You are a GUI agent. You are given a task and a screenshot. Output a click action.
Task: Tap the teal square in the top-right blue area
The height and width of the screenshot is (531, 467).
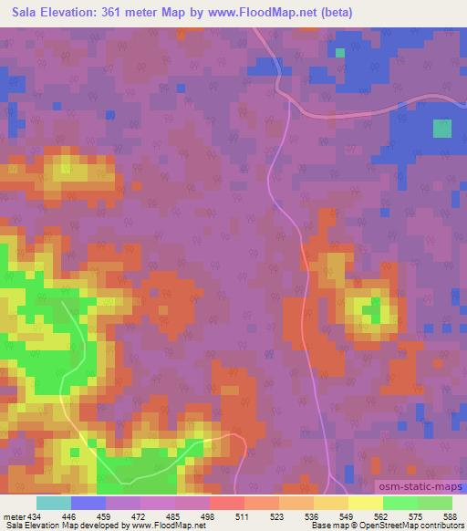tap(441, 129)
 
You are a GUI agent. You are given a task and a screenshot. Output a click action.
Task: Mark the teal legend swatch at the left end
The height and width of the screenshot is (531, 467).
tap(53, 503)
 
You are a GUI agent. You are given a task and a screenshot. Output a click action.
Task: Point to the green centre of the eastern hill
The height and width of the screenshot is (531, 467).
tap(373, 312)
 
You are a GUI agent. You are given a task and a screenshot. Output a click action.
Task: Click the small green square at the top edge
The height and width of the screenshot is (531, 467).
tap(340, 52)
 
